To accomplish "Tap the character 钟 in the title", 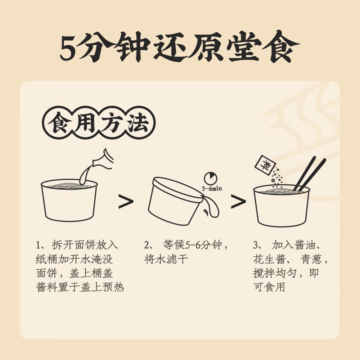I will point(127,48).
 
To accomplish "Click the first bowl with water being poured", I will point(69,201).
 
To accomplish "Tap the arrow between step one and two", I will point(126,202).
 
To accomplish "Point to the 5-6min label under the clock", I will point(212,188).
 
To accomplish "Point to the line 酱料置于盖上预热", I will point(80,287).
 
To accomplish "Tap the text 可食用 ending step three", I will point(269,287).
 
